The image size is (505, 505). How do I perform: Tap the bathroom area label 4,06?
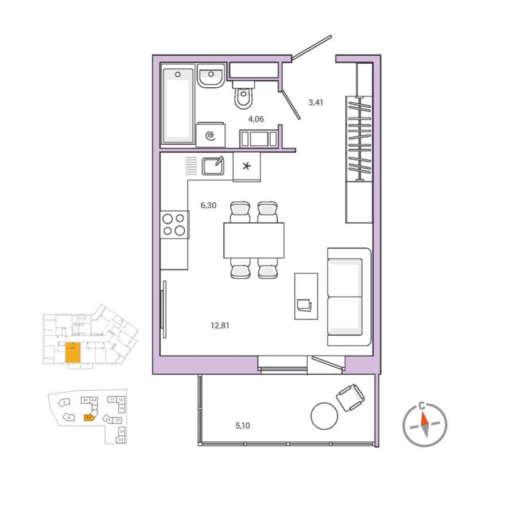click(x=256, y=119)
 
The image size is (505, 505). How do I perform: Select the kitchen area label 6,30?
click(x=208, y=205)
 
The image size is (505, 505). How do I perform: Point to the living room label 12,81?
click(x=223, y=325)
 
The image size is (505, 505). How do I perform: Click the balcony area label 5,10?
click(x=244, y=426)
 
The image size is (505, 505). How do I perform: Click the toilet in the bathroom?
click(x=243, y=96)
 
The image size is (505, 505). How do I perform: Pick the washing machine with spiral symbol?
click(x=210, y=135)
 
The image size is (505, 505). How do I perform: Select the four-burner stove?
click(x=174, y=224)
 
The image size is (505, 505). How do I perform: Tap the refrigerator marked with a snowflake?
click(x=247, y=167)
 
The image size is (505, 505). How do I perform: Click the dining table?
click(x=254, y=240)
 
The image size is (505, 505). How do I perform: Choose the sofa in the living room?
click(x=348, y=297)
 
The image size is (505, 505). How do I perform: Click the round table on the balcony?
click(x=324, y=415)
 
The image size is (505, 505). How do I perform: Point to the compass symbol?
click(x=424, y=425)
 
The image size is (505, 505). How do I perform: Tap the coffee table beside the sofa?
click(x=305, y=296)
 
